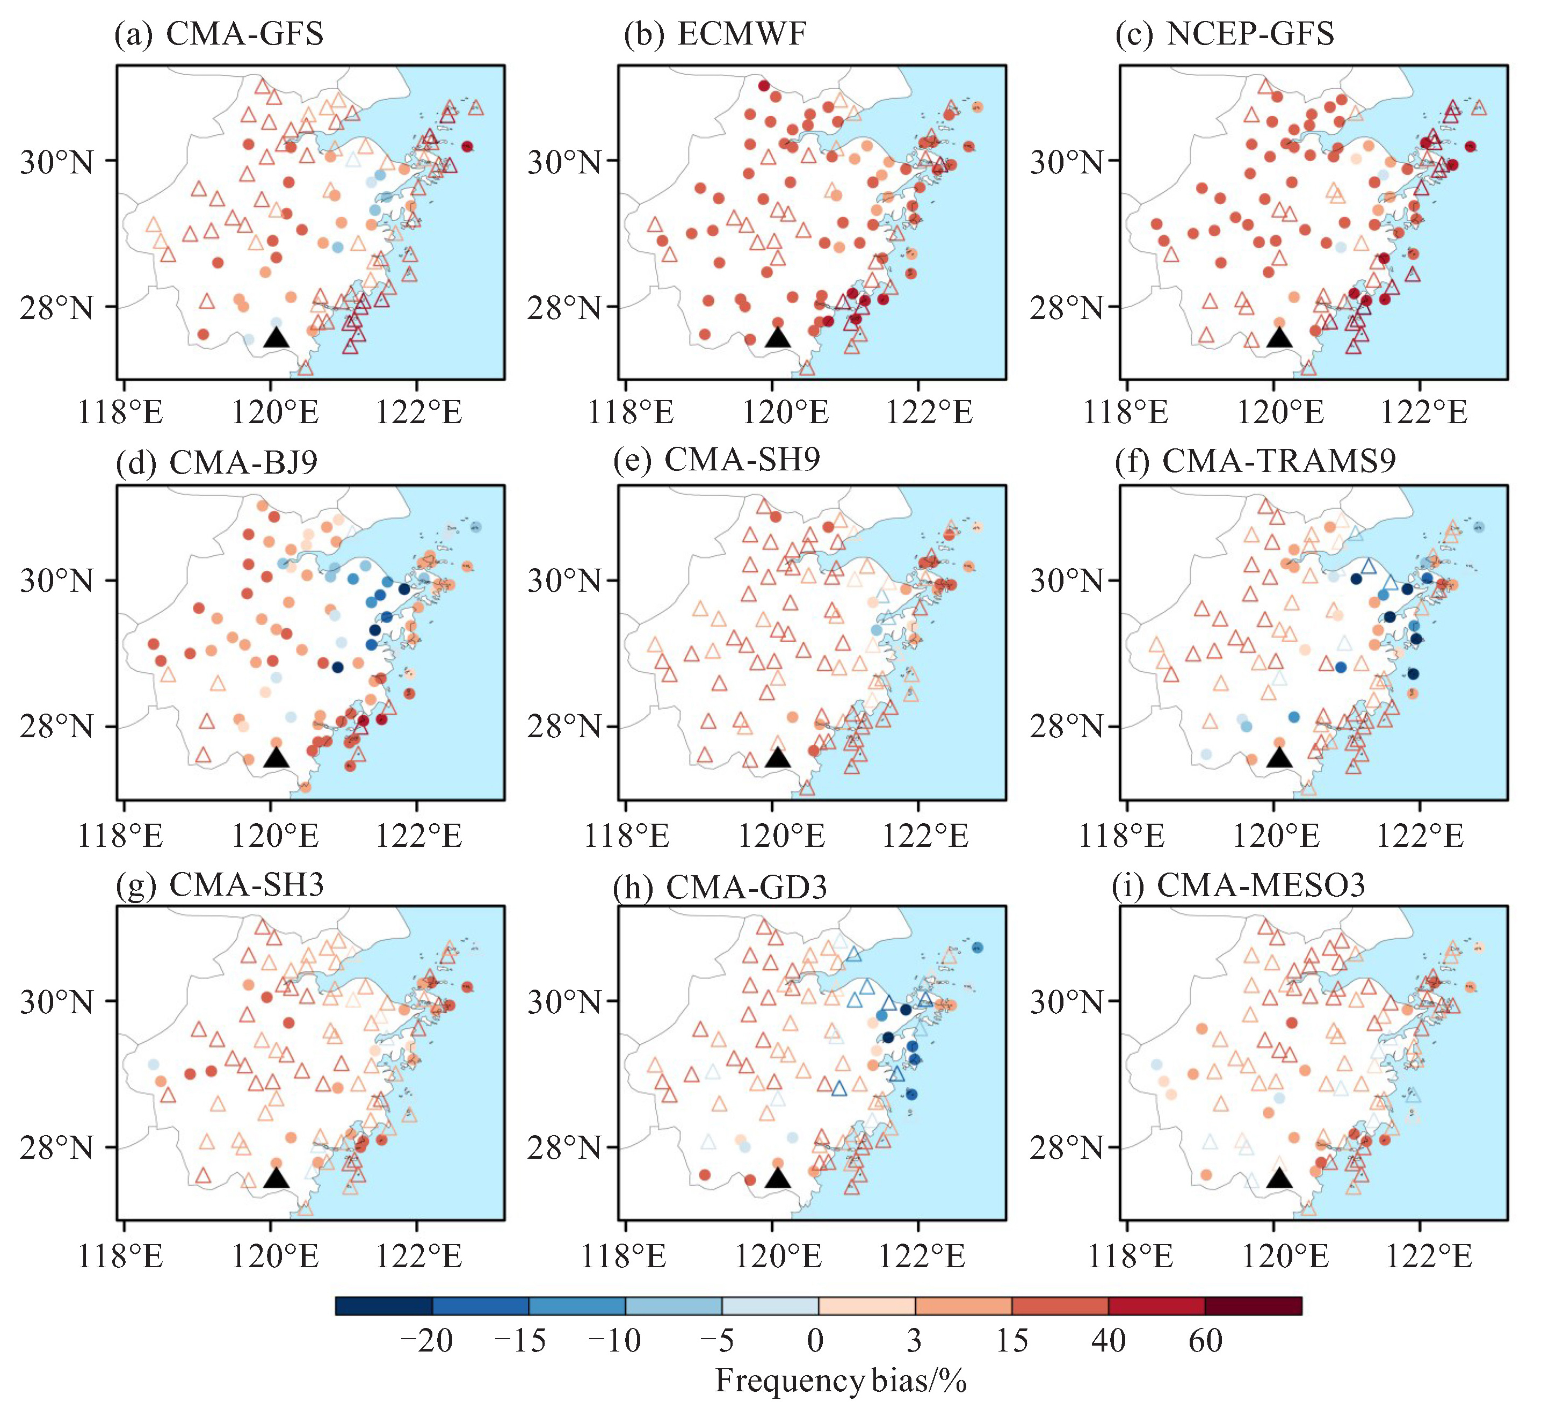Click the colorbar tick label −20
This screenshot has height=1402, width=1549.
click(426, 1341)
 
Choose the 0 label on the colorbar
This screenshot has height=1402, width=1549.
click(815, 1341)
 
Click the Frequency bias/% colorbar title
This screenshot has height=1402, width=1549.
click(841, 1381)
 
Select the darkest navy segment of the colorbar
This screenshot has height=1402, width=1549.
click(383, 1306)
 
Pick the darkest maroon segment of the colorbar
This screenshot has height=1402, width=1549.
click(1253, 1306)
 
